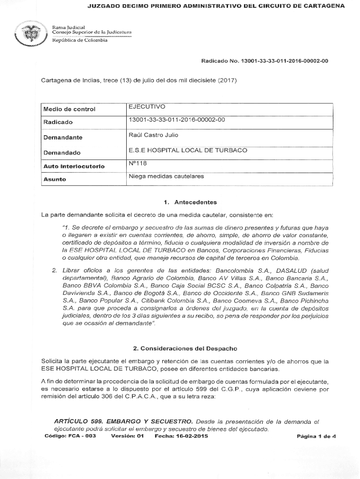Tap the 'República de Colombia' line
tap(79, 40)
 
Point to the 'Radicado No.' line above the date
tap(264, 61)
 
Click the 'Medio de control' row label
tap(69, 109)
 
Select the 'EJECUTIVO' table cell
tap(147, 107)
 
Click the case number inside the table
tap(177, 120)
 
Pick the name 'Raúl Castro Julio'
tap(153, 135)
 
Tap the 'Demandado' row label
tap(62, 152)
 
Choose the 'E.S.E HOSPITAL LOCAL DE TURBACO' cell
tap(188, 150)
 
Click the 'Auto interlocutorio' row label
tap(74, 166)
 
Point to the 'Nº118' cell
tap(137, 164)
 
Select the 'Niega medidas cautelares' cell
tap(166, 176)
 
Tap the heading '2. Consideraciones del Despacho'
tap(185, 348)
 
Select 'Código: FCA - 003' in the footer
tap(70, 436)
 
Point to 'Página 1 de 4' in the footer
tap(317, 436)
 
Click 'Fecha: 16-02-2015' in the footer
tap(181, 436)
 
